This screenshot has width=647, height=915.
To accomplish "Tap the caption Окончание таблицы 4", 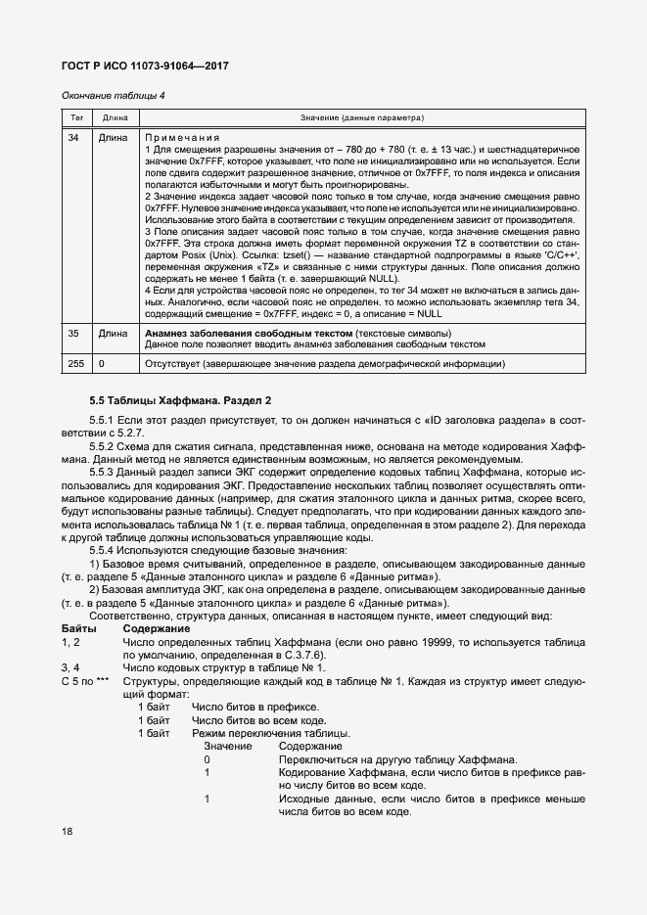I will click(113, 96).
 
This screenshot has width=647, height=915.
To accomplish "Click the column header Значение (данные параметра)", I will click(362, 117).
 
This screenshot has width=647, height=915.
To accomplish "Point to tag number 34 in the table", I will click(73, 138).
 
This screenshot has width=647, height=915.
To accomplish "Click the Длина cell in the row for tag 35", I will click(113, 334).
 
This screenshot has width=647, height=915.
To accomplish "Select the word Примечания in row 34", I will click(182, 138).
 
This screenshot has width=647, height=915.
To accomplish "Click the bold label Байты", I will click(78, 627).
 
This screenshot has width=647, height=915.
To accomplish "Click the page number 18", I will click(67, 832).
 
